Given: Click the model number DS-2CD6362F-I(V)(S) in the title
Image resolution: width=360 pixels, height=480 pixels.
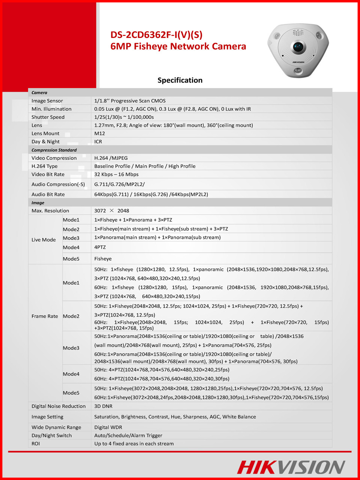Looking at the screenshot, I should [x=156, y=35].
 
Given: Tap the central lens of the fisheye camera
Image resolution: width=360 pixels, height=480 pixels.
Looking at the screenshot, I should [x=298, y=47].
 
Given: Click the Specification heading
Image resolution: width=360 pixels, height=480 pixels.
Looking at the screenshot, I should [x=180, y=80].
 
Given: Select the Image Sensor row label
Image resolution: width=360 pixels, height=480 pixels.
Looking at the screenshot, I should [x=47, y=101].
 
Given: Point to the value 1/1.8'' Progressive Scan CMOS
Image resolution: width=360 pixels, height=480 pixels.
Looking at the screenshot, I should [x=130, y=101].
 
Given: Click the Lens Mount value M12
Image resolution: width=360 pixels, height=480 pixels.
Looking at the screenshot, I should [x=100, y=133].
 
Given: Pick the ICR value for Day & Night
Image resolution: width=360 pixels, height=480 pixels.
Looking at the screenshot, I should [x=98, y=142].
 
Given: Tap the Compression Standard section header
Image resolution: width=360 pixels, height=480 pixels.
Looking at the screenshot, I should [x=54, y=150].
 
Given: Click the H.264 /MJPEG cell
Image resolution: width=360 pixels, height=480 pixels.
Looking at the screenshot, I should [x=111, y=158].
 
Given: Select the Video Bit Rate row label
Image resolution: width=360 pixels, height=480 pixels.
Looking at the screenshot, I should [x=48, y=174].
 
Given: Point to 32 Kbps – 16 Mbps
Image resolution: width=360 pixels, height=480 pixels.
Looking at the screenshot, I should [x=116, y=174].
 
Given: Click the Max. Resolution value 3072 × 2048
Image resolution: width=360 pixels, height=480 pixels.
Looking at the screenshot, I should [x=112, y=211].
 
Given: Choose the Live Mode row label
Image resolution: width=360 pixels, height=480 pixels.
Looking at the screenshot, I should [x=43, y=240].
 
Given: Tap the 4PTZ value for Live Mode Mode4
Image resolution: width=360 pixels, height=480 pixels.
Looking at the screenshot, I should [x=100, y=247].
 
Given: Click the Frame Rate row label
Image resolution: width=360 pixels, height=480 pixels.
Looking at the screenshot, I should [x=45, y=316].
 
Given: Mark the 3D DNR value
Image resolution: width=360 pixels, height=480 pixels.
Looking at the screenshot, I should [x=103, y=406].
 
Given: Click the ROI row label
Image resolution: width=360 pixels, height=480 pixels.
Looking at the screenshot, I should [x=36, y=444].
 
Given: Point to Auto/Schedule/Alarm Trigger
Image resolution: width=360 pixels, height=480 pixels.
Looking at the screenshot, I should [x=128, y=435].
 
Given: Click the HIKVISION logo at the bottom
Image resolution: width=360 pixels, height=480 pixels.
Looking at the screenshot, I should [x=291, y=467].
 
